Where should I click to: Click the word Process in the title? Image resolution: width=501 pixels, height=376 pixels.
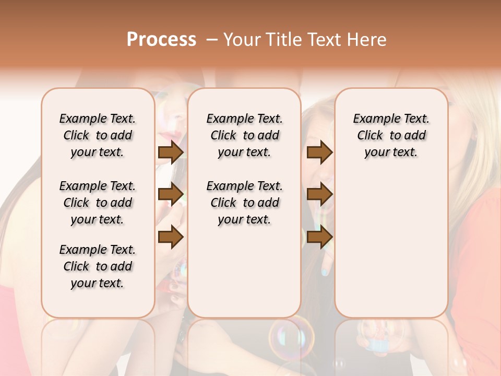tap(161, 40)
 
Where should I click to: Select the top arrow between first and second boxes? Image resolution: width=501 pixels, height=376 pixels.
tap(170, 152)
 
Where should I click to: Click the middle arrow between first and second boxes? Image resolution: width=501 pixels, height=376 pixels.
tap(170, 195)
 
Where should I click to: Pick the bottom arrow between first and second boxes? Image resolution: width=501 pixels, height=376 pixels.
tap(170, 237)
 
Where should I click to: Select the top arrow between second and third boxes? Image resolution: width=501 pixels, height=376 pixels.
tap(319, 152)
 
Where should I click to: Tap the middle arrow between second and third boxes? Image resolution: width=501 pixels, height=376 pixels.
tap(319, 195)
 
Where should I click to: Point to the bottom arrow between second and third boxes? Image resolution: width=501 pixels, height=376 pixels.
tap(319, 237)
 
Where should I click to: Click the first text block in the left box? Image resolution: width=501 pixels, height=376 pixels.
tap(98, 135)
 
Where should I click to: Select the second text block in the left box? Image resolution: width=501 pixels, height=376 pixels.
tap(98, 203)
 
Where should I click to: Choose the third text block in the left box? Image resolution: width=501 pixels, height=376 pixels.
tap(98, 266)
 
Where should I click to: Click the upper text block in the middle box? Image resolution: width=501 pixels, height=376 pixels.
tap(244, 135)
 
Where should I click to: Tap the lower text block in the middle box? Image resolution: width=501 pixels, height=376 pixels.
tap(244, 203)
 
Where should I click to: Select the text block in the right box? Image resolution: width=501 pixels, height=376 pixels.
tap(391, 135)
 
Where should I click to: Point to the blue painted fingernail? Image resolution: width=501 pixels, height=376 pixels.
tap(325, 272)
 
